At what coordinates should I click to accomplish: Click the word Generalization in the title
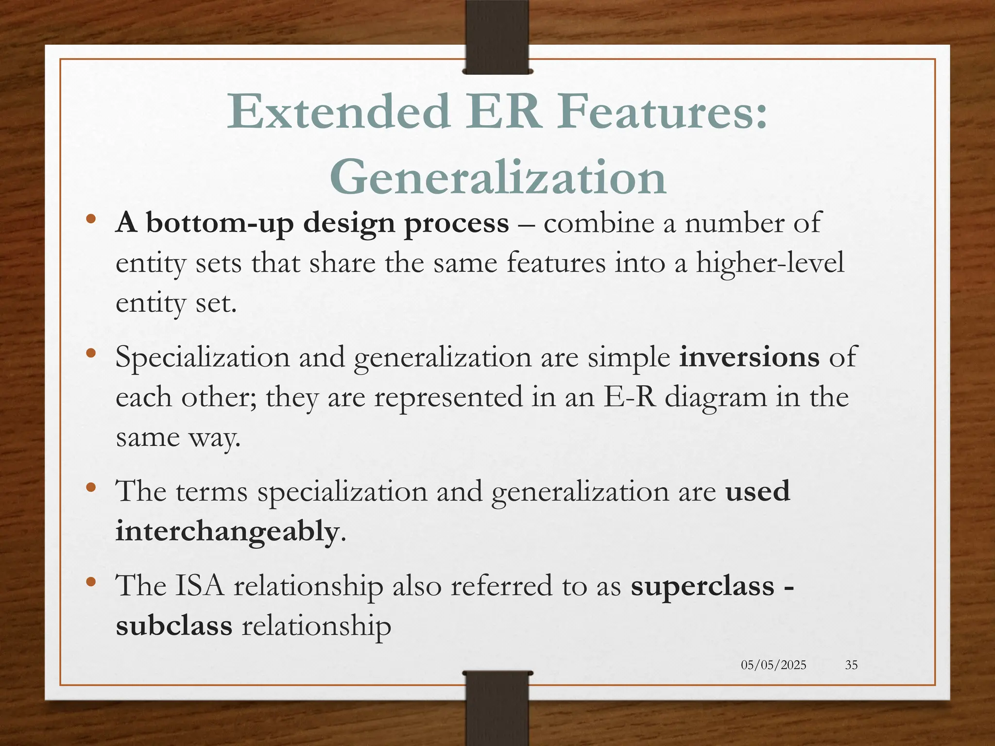click(497, 178)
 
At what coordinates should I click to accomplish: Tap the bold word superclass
click(703, 585)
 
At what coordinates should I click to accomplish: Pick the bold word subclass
click(174, 625)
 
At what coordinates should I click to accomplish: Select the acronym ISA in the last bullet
click(200, 585)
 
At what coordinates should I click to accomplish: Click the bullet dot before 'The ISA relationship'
click(90, 581)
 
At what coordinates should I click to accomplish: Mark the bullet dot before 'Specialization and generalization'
click(90, 353)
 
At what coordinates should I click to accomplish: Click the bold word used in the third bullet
click(757, 491)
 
